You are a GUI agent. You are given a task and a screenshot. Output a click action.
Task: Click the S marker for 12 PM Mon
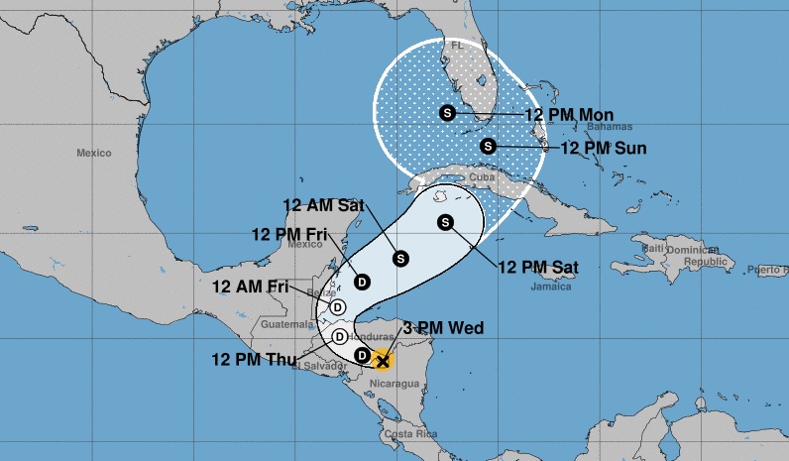click(447, 113)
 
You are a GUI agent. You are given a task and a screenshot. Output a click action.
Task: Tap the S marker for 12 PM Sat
click(445, 222)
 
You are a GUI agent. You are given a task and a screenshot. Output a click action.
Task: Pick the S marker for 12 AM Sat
click(400, 258)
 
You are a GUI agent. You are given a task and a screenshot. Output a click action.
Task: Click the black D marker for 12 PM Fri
click(363, 282)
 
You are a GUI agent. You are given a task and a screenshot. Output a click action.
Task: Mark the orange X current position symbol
click(383, 362)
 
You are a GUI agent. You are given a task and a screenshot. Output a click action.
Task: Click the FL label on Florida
click(457, 46)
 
